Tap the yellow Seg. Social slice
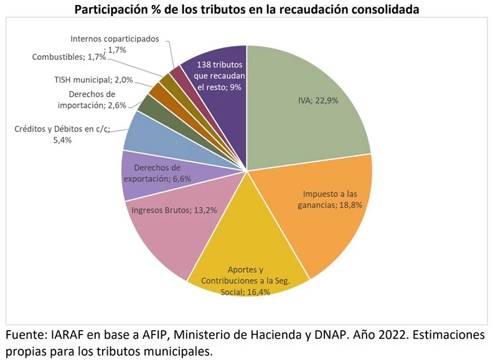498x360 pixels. click(248, 254)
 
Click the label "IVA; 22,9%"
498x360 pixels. click(318, 101)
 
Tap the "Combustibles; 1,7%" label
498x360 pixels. click(69, 57)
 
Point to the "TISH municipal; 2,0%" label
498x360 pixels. click(93, 80)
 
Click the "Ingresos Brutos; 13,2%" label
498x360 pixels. click(174, 211)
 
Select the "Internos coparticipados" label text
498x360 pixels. click(115, 39)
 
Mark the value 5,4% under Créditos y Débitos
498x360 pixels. click(62, 140)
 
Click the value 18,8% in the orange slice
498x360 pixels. click(350, 205)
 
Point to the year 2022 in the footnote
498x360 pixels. click(392, 335)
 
